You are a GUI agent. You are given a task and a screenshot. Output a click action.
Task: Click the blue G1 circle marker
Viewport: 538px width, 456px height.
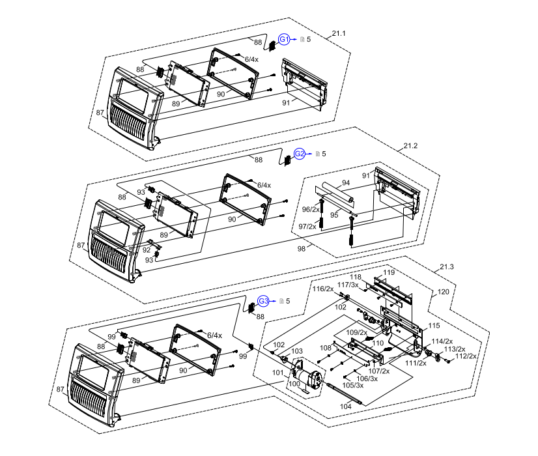pos(284,40)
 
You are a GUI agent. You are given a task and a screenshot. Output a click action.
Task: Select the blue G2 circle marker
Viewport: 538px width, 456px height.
pos(300,154)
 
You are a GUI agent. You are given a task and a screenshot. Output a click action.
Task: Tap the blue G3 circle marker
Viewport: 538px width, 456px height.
pos(263,301)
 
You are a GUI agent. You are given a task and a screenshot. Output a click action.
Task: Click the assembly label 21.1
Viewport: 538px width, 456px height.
pos(339,33)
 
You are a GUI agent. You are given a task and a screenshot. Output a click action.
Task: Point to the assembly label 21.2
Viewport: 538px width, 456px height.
pos(410,145)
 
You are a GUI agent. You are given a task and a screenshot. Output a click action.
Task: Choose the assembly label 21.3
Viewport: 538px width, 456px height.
pos(447,267)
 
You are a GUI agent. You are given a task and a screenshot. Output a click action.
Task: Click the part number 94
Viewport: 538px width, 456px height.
pos(346,182)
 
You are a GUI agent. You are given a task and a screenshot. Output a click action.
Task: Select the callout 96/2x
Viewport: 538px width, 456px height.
pos(311,209)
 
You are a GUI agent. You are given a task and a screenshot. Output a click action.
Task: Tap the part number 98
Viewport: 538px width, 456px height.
pos(301,249)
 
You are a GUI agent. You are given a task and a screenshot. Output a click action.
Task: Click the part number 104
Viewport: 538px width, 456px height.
pos(346,405)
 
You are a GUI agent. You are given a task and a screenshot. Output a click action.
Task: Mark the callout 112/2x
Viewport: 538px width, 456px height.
pos(466,356)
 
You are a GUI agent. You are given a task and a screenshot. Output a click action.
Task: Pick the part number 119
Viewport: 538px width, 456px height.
pos(389,272)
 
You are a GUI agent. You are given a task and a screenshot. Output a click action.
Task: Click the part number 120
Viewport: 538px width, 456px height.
pos(443,292)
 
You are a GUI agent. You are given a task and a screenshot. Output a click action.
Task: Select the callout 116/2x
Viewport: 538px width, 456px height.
pos(322,288)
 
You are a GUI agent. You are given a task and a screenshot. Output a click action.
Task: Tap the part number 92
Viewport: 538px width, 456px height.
pos(146,249)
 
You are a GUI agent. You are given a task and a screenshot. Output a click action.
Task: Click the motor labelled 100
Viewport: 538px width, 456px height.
pos(306,378)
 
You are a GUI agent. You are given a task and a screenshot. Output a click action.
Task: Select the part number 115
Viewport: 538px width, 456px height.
pos(434,325)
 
